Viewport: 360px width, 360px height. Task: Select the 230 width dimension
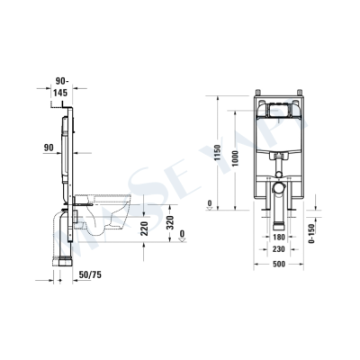tap(279, 250)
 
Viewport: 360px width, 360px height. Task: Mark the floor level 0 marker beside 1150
tap(210, 203)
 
